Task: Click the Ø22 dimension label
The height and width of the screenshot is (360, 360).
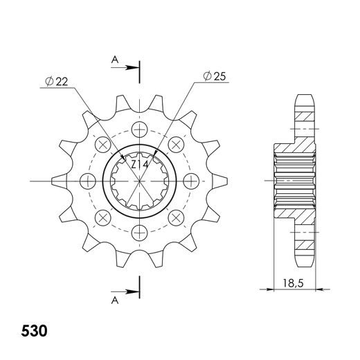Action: click(57, 82)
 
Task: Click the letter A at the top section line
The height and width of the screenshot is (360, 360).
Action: click(115, 60)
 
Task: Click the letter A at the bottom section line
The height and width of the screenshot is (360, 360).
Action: click(115, 300)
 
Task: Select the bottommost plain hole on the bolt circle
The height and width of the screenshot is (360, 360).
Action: click(140, 231)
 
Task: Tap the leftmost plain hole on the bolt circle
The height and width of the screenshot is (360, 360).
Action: click(89, 181)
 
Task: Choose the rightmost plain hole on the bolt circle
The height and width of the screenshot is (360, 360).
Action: click(190, 181)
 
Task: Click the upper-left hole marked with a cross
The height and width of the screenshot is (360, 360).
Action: click(104, 145)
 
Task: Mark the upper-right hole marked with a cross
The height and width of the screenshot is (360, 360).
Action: click(176, 145)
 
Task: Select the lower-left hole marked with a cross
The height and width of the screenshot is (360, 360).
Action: click(104, 217)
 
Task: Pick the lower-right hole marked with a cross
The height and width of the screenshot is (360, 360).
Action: click(176, 217)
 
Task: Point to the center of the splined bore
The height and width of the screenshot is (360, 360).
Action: click(140, 181)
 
